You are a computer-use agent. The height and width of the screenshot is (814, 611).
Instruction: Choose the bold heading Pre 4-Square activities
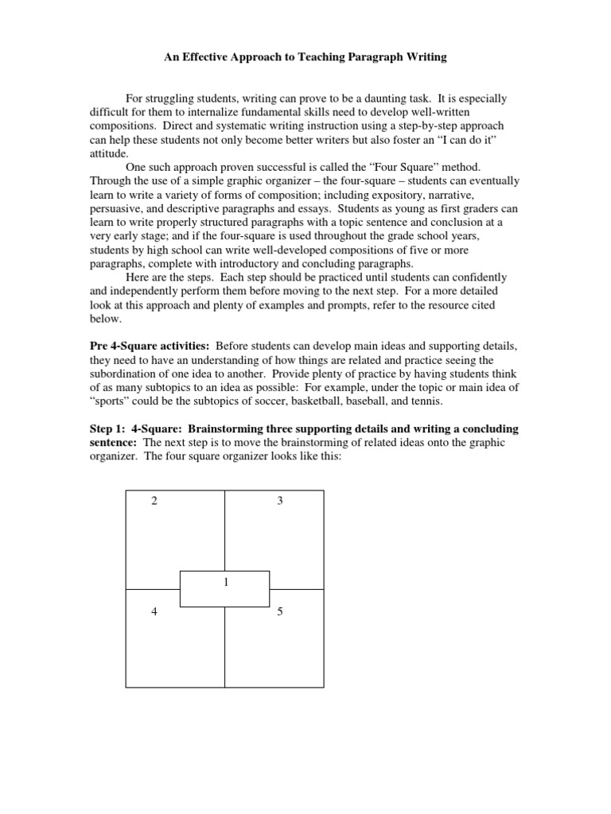click(150, 347)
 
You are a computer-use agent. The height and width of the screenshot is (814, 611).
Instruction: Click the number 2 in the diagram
click(154, 501)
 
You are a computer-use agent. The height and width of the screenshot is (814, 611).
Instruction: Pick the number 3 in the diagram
click(280, 501)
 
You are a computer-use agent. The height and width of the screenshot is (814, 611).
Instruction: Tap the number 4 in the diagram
click(154, 611)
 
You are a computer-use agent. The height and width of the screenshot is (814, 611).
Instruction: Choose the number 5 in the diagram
click(280, 611)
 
